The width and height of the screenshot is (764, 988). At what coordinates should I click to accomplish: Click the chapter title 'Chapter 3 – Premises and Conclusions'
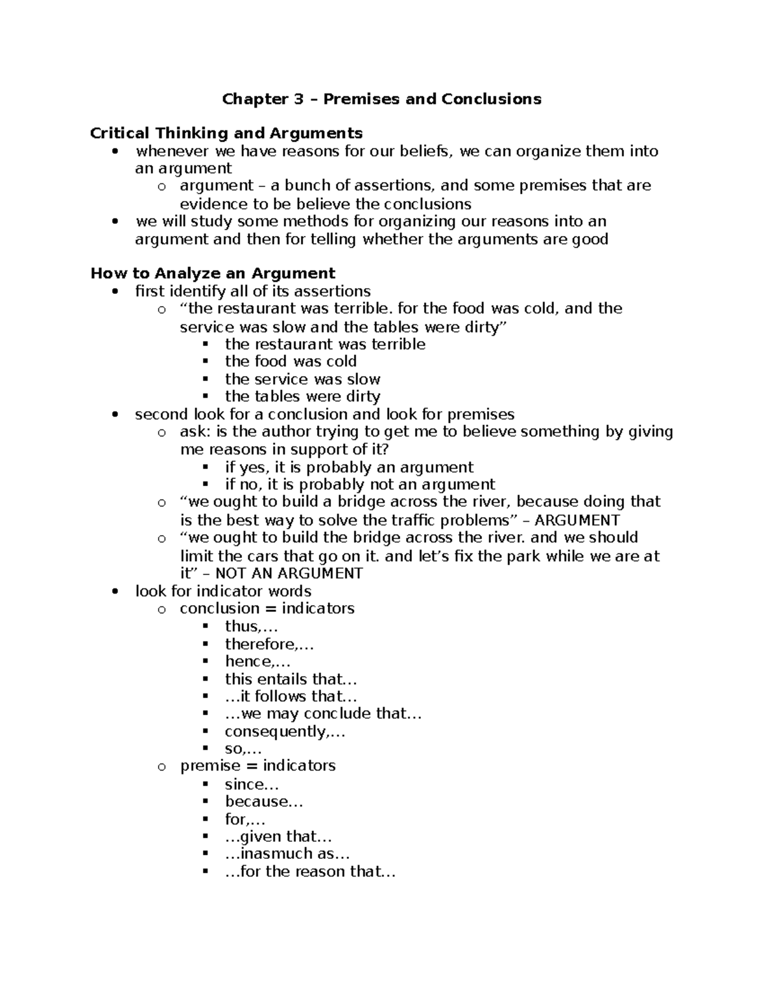pyautogui.click(x=381, y=99)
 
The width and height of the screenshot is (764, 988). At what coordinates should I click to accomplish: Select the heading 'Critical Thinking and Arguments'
pyautogui.click(x=226, y=134)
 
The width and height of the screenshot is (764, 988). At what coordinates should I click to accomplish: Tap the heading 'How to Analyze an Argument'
pyautogui.click(x=213, y=274)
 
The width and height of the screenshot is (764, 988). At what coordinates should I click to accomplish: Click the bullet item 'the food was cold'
pyautogui.click(x=290, y=361)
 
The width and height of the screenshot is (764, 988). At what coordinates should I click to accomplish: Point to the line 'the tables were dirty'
pyautogui.click(x=302, y=396)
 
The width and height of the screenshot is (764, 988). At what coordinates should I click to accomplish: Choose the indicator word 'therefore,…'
pyautogui.click(x=269, y=644)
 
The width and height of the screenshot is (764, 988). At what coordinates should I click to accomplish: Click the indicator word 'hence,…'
pyautogui.click(x=257, y=662)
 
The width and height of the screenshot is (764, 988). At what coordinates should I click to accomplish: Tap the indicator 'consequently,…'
pyautogui.click(x=285, y=732)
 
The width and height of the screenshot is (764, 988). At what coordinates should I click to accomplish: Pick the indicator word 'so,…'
pyautogui.click(x=243, y=749)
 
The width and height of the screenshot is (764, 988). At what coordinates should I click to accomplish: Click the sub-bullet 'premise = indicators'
pyautogui.click(x=257, y=766)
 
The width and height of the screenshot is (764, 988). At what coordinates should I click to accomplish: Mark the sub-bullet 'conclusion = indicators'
pyautogui.click(x=267, y=609)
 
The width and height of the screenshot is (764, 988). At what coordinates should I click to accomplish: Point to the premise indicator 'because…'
pyautogui.click(x=264, y=802)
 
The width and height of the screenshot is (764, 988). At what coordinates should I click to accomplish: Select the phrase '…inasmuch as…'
pyautogui.click(x=287, y=854)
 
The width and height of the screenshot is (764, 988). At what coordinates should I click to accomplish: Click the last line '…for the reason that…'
pyautogui.click(x=310, y=872)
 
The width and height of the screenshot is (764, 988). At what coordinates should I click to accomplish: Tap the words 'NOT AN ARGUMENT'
pyautogui.click(x=289, y=574)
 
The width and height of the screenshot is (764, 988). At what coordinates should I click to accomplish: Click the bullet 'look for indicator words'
pyautogui.click(x=223, y=591)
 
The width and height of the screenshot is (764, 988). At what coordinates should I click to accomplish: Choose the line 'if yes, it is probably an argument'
pyautogui.click(x=349, y=468)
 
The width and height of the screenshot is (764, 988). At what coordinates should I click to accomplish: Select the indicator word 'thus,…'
pyautogui.click(x=251, y=627)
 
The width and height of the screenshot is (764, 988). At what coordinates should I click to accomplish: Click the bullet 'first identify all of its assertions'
pyautogui.click(x=253, y=291)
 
